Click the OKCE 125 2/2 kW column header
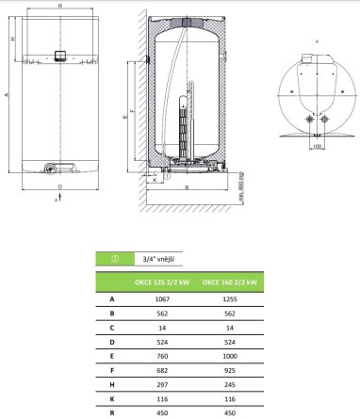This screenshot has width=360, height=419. pos(162,282)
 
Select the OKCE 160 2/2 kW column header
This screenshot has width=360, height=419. pos(230,282)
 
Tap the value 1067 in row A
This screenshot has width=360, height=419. pos(162,299)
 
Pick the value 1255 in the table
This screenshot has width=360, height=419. pos(230,299)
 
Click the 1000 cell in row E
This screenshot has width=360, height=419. pos(230,356)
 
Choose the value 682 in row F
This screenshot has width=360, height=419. pos(162,371)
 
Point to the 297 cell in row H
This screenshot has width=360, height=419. pos(162,385)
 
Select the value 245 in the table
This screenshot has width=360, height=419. pos(230,385)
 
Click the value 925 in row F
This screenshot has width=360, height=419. pos(230,371)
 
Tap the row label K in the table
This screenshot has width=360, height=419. pos(112,399)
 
